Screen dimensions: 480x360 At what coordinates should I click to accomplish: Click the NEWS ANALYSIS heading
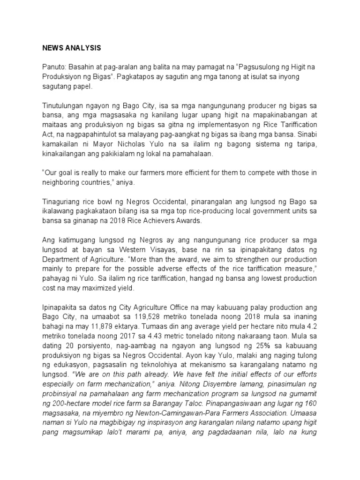(71, 48)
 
